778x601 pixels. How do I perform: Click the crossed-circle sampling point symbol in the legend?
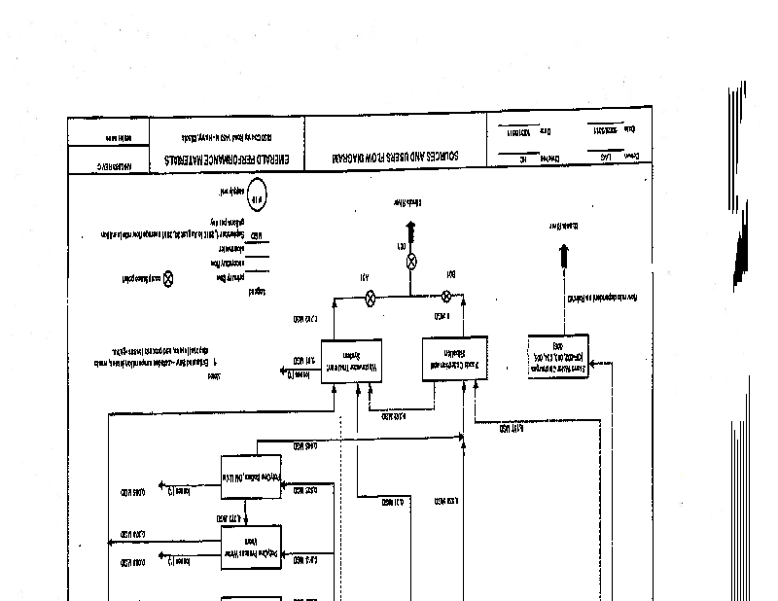click(167, 277)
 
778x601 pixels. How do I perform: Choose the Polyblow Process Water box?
click(250, 549)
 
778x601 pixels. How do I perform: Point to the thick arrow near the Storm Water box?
click(563, 257)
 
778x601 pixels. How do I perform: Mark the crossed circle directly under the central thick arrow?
click(410, 261)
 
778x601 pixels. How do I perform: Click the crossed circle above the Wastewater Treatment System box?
click(370, 298)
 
